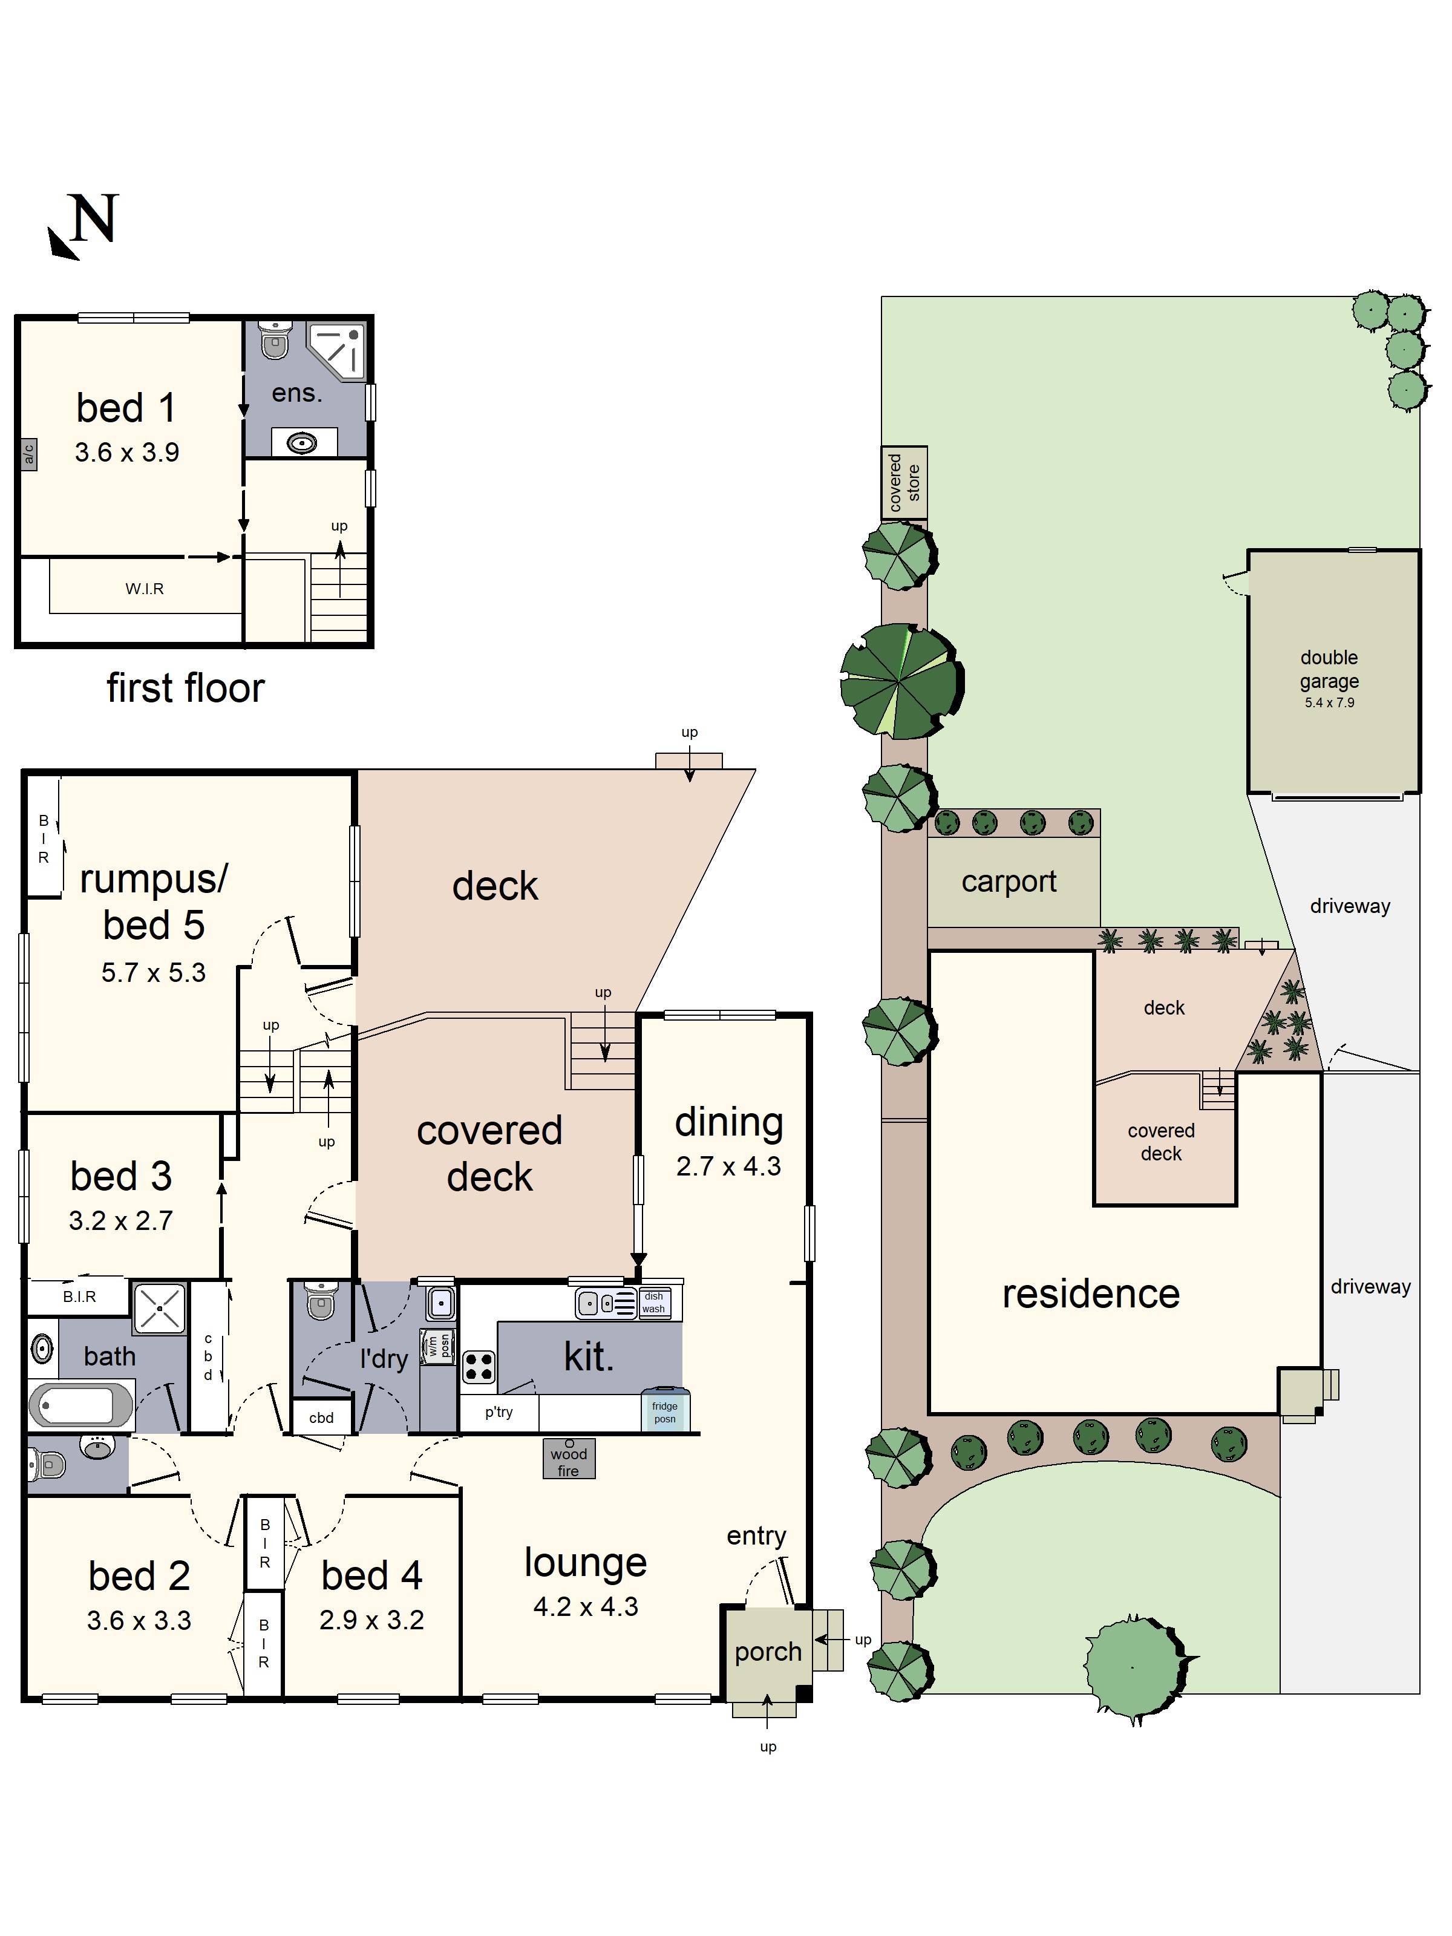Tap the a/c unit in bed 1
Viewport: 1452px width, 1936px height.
pos(28,454)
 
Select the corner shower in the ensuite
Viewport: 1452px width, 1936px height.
pos(338,350)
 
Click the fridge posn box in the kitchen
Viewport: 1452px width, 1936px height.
pos(664,1411)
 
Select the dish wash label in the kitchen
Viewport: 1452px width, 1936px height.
pos(653,1303)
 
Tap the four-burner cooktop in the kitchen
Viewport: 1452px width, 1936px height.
pos(479,1367)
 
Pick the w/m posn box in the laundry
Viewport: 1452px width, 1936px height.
pos(437,1346)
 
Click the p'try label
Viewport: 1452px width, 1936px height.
pos(499,1411)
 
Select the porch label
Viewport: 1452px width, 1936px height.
pos(768,1652)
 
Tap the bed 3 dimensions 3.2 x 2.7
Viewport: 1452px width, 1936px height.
pos(121,1220)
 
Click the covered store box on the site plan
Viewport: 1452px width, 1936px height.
pos(904,482)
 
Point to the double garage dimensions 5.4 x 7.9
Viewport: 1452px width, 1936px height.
pos(1329,703)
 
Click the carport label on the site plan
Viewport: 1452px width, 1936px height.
pos(1009,881)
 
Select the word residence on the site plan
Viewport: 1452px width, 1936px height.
pos(1091,1293)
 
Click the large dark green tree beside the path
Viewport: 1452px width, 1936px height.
pos(901,681)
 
